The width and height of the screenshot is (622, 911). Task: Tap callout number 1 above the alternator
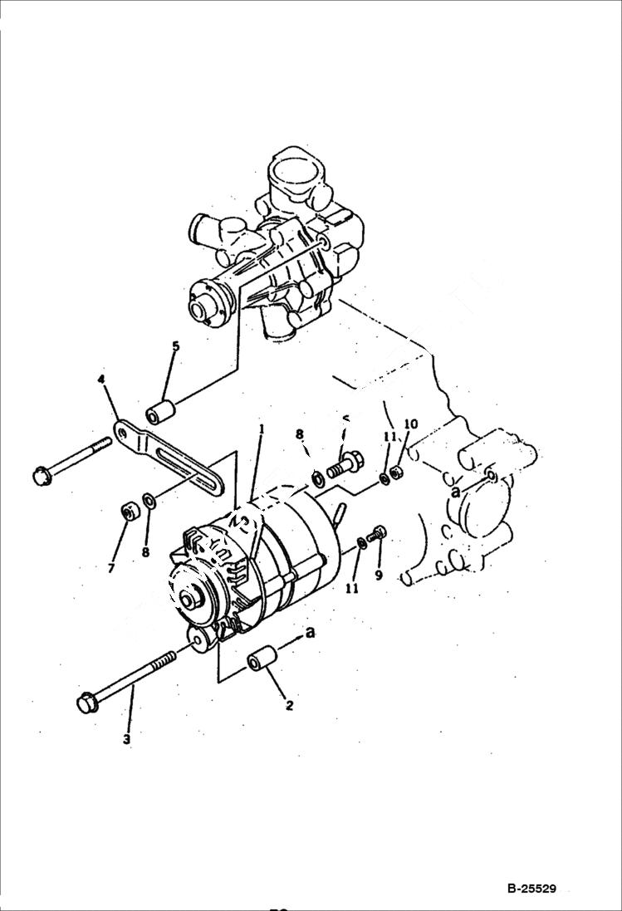tap(260, 429)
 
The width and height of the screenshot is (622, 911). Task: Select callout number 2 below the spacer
tap(289, 706)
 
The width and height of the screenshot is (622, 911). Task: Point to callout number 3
tap(126, 739)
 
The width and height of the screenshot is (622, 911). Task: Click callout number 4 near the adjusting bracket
tap(101, 380)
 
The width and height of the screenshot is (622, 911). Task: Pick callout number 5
tap(174, 345)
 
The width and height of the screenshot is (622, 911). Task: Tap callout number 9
tap(379, 573)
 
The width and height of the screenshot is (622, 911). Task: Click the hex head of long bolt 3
tap(86, 702)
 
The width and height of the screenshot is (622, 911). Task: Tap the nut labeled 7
tap(129, 512)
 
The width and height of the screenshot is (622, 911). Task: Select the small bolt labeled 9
tap(379, 534)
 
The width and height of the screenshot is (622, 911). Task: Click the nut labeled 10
tap(397, 473)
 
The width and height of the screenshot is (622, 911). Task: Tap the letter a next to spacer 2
tap(311, 633)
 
